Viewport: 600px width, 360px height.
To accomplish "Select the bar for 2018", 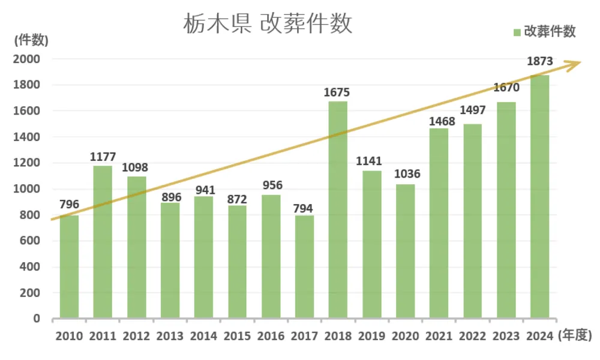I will coord(338,210).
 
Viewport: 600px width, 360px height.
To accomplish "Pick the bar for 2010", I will coord(69,267).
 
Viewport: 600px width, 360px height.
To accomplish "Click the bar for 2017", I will coord(304,267).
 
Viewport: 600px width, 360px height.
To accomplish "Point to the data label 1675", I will coord(336,92).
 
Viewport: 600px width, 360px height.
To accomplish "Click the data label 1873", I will coord(539,61).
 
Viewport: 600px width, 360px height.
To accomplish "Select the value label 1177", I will coord(103,157).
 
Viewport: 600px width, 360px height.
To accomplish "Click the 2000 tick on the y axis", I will coord(28,59).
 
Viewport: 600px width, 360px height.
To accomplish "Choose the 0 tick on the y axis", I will coord(37,319).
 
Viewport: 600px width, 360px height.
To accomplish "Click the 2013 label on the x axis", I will coord(170,336).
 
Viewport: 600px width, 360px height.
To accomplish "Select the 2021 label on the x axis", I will coord(439,336).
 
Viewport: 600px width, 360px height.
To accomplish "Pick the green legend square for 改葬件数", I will coord(517,32).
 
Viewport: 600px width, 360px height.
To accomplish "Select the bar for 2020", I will coord(405,252).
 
